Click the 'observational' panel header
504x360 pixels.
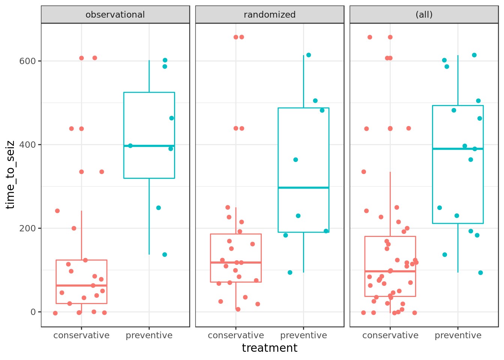pyautogui.click(x=115, y=15)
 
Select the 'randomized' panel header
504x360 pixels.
pyautogui.click(x=270, y=15)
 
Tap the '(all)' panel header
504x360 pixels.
pyautogui.click(x=424, y=15)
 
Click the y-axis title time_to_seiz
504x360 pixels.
pyautogui.click(x=10, y=175)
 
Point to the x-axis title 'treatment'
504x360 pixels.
pyautogui.click(x=270, y=348)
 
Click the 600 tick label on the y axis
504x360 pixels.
pyautogui.click(x=27, y=61)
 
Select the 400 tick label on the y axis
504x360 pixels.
pyautogui.click(x=27, y=145)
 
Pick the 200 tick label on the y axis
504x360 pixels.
pyautogui.click(x=27, y=228)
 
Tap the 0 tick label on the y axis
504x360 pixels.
pyautogui.click(x=33, y=312)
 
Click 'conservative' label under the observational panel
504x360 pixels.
pyautogui.click(x=81, y=335)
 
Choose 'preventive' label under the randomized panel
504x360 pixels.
pyautogui.click(x=304, y=335)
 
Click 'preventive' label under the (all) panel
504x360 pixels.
pyautogui.click(x=458, y=335)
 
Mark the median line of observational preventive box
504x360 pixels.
pyautogui.click(x=149, y=146)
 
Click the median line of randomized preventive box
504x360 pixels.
pyautogui.click(x=304, y=187)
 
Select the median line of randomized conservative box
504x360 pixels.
pyautogui.click(x=236, y=262)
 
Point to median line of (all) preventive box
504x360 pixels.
pyautogui.click(x=458, y=149)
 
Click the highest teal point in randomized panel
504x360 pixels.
pyautogui.click(x=309, y=55)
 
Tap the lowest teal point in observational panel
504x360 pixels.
pyautogui.click(x=165, y=255)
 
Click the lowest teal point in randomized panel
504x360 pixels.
pyautogui.click(x=290, y=273)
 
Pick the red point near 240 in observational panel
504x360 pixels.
pyautogui.click(x=57, y=211)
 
